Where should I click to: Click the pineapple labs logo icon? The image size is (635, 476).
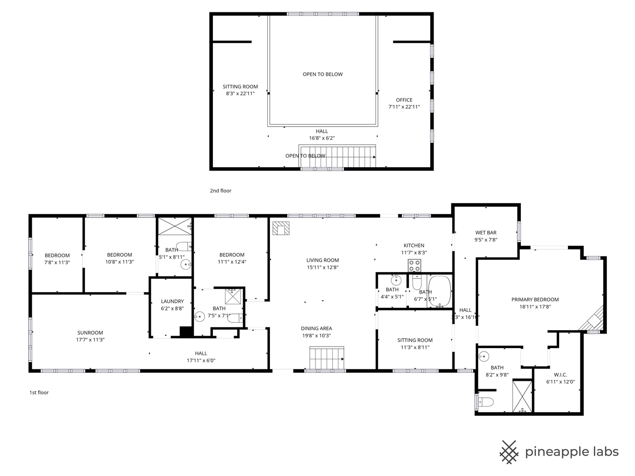pos(508,452)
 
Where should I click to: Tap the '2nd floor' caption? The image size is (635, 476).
pos(220,191)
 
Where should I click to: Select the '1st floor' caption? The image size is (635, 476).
pos(39,393)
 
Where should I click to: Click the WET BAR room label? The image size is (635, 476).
pos(486,233)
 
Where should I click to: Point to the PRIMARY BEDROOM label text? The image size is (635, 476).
pos(535,299)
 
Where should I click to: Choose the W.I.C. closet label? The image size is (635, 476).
pos(560,375)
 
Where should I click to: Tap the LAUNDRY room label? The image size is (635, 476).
pos(172,301)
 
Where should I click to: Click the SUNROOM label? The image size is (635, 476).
pos(90,333)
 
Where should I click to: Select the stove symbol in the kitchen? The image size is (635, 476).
pos(414,266)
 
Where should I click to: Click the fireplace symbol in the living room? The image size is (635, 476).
pos(281,229)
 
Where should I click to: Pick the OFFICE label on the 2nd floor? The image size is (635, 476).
pos(404,100)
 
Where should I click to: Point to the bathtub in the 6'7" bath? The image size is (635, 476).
pos(440,291)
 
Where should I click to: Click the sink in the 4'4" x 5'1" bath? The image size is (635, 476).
pos(395,281)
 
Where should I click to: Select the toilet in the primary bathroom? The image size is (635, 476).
pos(486,401)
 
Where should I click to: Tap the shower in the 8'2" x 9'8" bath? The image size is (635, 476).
pos(522,396)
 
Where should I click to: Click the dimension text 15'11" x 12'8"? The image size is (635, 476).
pos(322,267)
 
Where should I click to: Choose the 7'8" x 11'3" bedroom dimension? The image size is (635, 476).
pos(57,262)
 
